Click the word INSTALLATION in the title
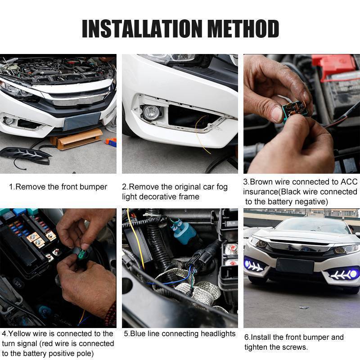click(142, 29)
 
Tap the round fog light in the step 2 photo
click(151, 112)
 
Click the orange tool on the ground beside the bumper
click(111, 141)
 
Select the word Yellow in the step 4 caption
click(19, 333)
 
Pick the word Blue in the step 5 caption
click(138, 333)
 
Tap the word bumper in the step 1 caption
click(93, 187)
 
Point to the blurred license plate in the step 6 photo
click(295, 266)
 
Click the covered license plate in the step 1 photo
click(82, 121)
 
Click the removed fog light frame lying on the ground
click(25, 155)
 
